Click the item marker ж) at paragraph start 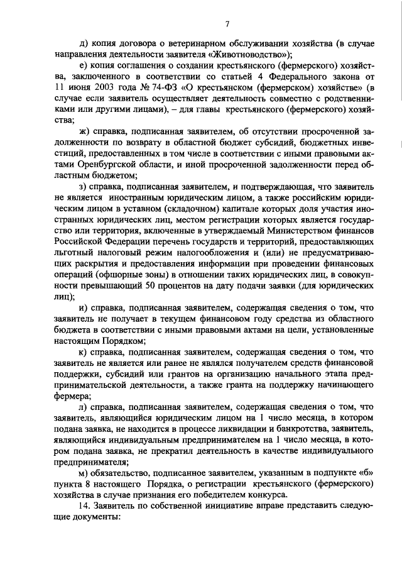pyautogui.click(x=84, y=131)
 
